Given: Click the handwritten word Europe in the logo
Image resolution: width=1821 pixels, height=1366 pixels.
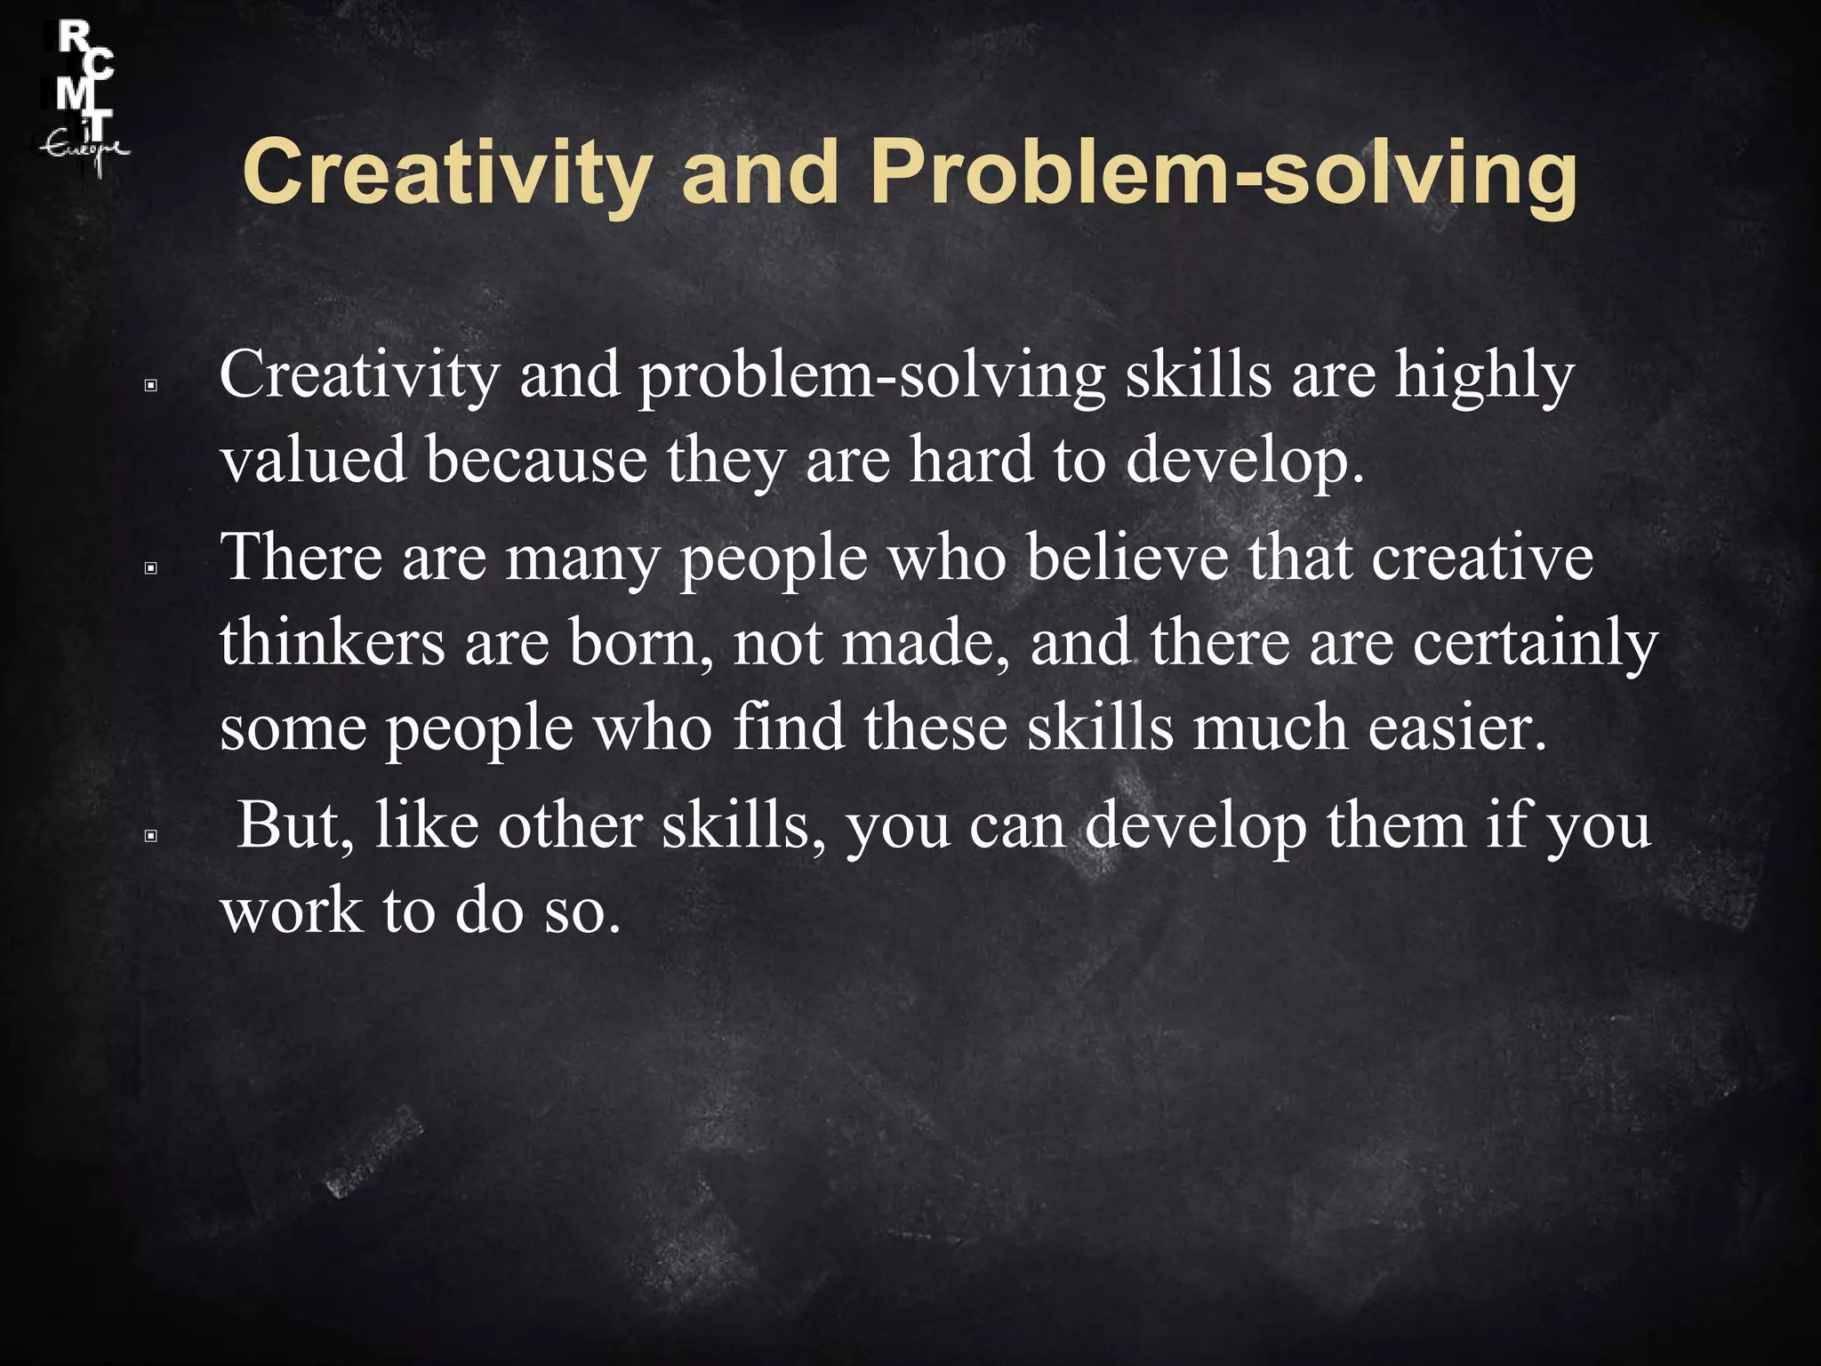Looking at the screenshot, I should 85,149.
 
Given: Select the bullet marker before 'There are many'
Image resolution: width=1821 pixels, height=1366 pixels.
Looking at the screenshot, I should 151,568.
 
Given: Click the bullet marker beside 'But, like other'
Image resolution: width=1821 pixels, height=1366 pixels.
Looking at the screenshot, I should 151,836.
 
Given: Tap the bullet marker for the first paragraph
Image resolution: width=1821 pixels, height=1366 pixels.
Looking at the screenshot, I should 151,386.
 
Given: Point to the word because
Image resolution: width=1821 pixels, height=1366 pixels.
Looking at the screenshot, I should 536,460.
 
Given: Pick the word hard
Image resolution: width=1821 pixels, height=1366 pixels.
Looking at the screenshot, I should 971,460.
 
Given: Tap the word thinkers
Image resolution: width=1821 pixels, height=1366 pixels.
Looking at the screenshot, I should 333,643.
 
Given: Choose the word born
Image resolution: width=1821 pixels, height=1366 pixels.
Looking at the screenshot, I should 641,643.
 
